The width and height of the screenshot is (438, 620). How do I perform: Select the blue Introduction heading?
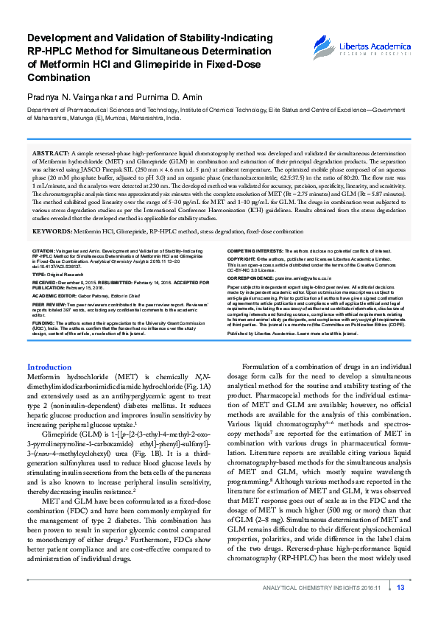49,367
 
